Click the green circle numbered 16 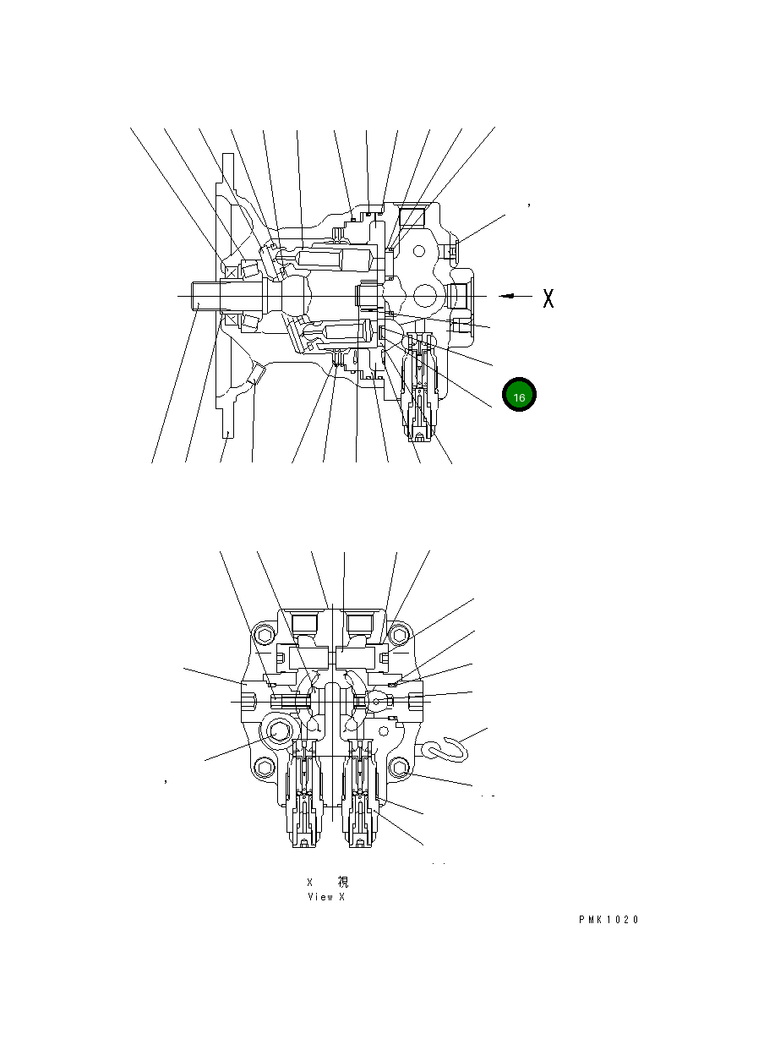[x=519, y=396]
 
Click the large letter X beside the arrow [x=548, y=298]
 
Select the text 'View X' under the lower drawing [x=325, y=897]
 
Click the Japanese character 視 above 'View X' [x=343, y=882]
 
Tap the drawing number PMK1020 [x=608, y=920]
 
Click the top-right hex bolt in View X [x=400, y=636]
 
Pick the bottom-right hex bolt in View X [x=400, y=767]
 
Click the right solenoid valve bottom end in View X [x=361, y=840]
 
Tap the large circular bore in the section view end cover [x=425, y=296]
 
